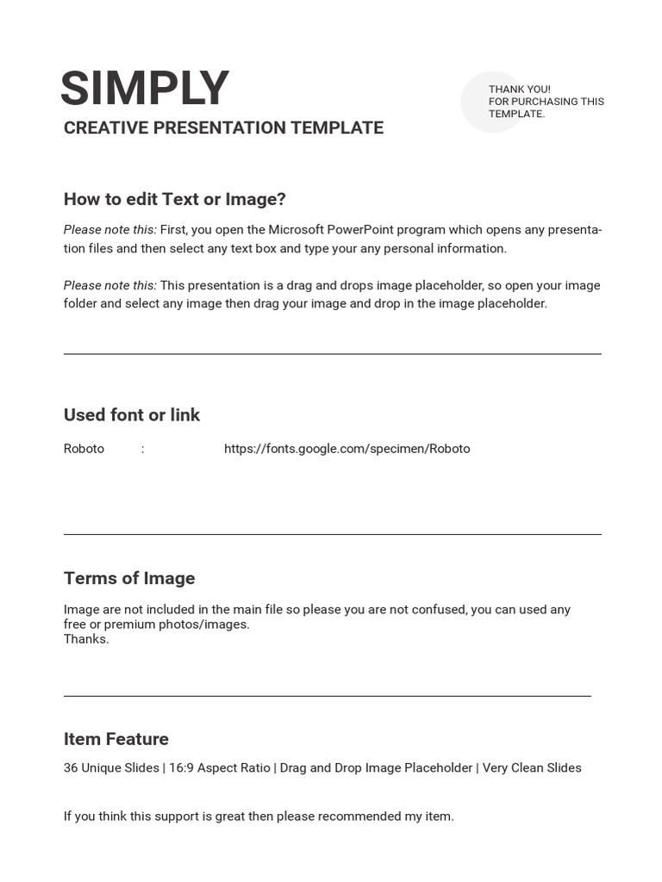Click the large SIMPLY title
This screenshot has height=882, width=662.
pos(145,89)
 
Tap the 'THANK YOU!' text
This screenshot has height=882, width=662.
pos(519,90)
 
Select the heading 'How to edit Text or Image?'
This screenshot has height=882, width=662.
pos(174,200)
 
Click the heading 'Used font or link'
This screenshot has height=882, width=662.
pos(132,415)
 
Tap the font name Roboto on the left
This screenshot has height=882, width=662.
pos(84,449)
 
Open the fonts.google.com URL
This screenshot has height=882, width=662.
pos(347,449)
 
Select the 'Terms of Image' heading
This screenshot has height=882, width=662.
pos(129,579)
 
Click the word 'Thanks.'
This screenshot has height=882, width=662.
pos(86,639)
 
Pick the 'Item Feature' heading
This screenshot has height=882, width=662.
pos(116,739)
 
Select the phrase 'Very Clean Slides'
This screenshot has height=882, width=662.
pos(532,768)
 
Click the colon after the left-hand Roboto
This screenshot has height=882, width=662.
pos(142,449)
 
